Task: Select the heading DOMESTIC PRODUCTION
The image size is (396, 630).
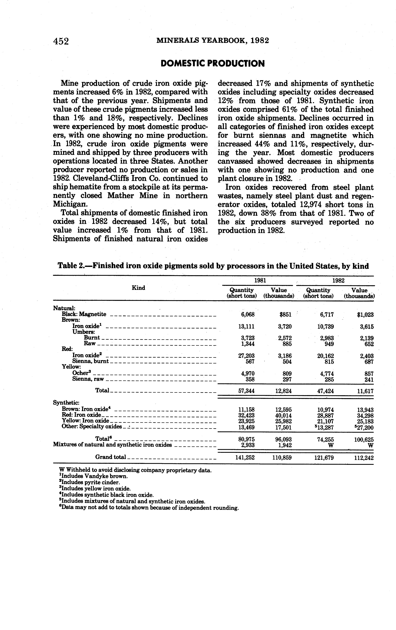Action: pyautogui.click(x=213, y=64)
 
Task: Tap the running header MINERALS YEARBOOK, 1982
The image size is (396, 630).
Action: pyautogui.click(x=213, y=41)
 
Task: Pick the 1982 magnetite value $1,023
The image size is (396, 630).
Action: pyautogui.click(x=365, y=315)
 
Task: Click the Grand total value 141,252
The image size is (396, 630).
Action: pyautogui.click(x=245, y=458)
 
